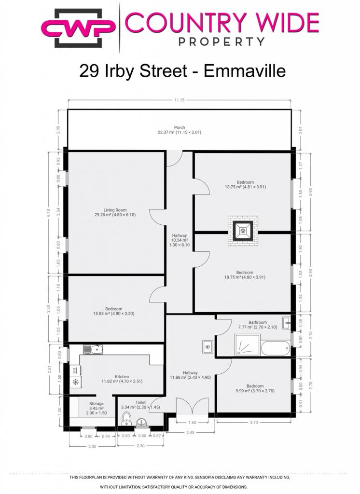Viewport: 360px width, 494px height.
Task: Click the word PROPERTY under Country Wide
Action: pos(222,41)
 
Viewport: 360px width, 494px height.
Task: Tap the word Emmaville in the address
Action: pos(245,70)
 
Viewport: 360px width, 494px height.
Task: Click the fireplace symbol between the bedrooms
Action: pos(243,231)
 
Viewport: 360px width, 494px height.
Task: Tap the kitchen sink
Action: pos(93,349)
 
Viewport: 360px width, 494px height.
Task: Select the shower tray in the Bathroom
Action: pos(248,345)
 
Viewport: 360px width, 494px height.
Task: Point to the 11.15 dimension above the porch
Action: pos(180,100)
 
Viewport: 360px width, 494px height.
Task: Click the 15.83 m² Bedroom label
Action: pos(114,311)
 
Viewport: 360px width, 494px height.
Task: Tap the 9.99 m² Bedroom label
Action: pos(255,388)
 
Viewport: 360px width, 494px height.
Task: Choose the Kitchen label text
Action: pos(122,376)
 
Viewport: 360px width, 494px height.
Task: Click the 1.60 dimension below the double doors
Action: pos(192,423)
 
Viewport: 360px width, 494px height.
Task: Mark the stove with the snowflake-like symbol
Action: pos(76,383)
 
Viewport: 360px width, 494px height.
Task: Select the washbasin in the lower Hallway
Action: pos(208,347)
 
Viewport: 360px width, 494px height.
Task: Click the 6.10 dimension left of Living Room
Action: pos(48,213)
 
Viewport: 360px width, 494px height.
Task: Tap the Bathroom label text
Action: pos(258,322)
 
